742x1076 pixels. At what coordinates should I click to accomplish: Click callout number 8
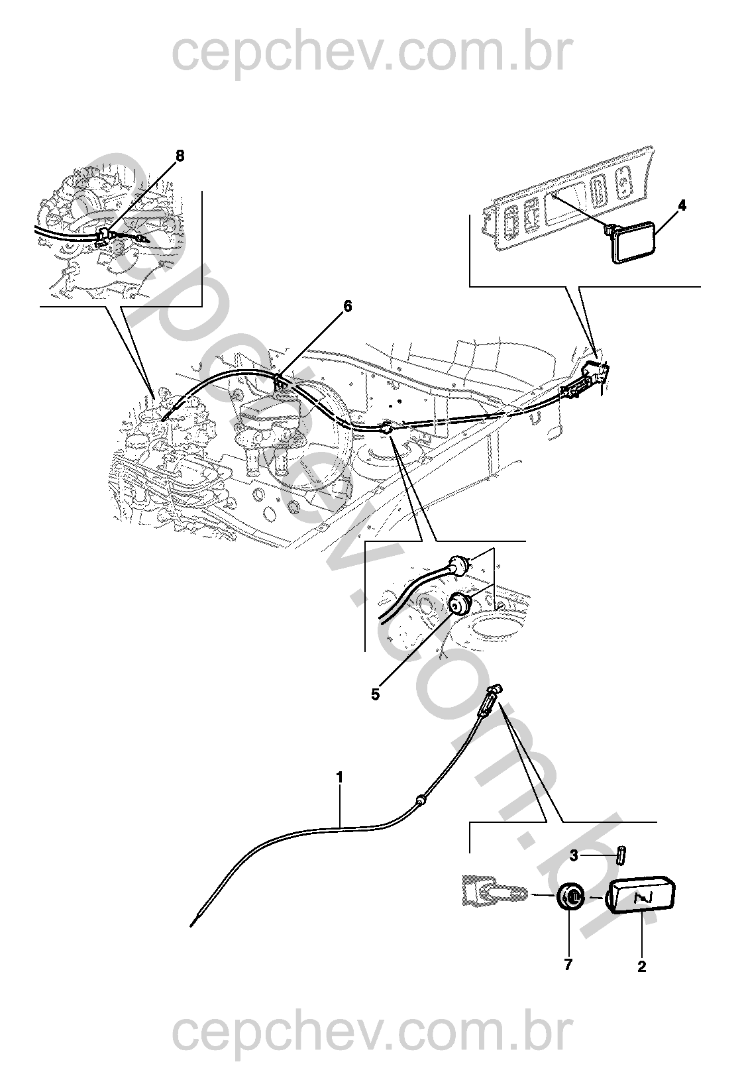180,156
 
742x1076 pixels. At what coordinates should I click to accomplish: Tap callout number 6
347,306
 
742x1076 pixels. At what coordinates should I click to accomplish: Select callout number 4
682,205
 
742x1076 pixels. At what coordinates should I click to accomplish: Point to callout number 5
375,695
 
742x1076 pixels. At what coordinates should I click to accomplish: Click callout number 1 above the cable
340,777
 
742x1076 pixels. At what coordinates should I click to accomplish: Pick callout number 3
574,855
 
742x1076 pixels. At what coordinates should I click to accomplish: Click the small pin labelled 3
621,855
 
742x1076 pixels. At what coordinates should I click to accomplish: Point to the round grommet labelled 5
457,604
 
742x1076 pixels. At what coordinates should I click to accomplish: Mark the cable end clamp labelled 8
104,235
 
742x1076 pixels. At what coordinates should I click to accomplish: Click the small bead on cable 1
419,801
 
